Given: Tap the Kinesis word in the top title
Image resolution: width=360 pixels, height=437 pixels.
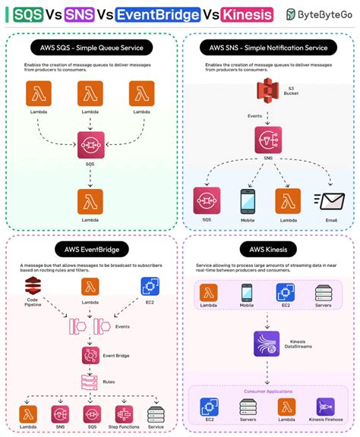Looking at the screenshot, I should (x=248, y=14).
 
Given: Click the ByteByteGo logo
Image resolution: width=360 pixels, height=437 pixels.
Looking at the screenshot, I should (x=318, y=14).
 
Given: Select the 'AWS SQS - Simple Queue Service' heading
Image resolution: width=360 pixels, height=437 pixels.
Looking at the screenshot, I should (x=92, y=48).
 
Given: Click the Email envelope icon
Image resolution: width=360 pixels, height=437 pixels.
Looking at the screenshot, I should (x=331, y=201).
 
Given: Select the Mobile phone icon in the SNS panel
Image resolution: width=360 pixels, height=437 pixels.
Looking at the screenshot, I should (x=248, y=201).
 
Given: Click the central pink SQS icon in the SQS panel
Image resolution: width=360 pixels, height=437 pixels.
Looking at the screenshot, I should (x=91, y=144).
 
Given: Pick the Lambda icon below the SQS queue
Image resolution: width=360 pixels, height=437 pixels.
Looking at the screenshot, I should (x=91, y=202).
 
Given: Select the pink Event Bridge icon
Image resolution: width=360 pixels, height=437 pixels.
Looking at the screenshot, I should (x=91, y=355).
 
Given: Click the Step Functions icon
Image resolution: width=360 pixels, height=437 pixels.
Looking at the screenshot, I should (x=125, y=413).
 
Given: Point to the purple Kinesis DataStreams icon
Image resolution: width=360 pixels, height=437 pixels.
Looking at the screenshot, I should (x=267, y=343).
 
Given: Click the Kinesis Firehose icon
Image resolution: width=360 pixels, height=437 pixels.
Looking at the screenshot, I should (x=326, y=406).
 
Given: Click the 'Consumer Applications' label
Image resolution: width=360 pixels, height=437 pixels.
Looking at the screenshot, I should (x=267, y=391).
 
